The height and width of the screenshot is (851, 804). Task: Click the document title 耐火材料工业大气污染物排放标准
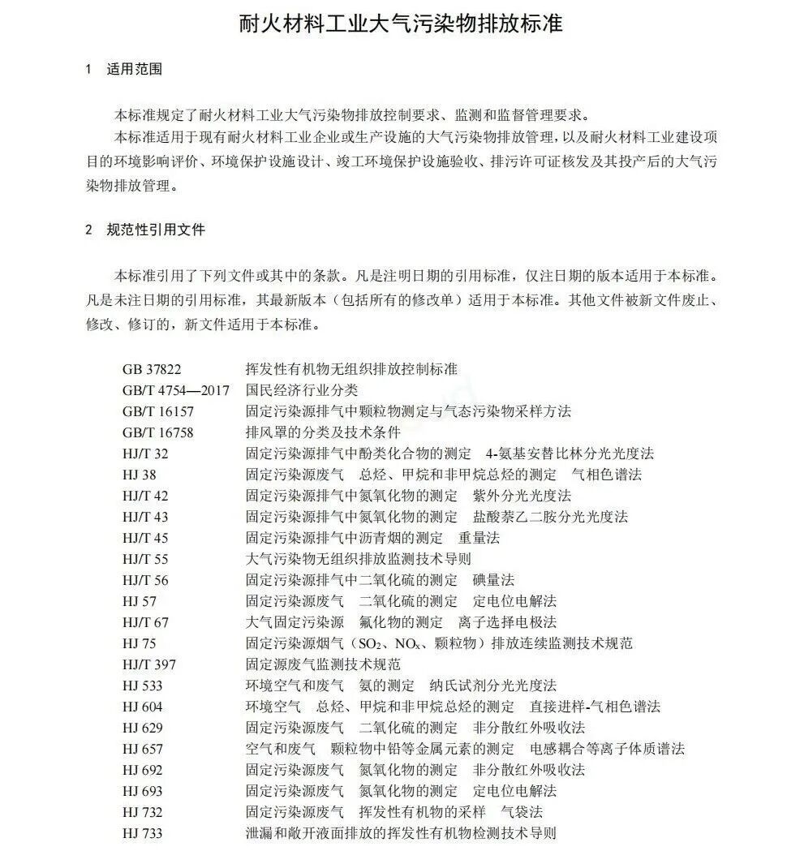(x=401, y=23)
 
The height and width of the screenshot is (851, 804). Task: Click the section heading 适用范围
(x=135, y=69)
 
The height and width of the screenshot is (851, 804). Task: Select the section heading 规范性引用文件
(x=156, y=230)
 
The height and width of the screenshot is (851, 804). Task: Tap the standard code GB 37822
(x=152, y=369)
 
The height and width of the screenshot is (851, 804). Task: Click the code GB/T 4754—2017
(x=176, y=390)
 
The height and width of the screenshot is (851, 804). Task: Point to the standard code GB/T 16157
(x=158, y=411)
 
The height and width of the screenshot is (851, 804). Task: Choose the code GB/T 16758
(x=158, y=432)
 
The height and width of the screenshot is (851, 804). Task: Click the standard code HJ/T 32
(x=146, y=453)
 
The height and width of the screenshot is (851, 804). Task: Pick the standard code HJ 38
(x=140, y=475)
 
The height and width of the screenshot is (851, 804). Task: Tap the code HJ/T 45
(x=146, y=538)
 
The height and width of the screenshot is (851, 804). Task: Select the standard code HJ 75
(x=140, y=643)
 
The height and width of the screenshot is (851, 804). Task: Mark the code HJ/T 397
(x=149, y=664)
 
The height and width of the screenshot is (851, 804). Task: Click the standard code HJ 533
(x=143, y=686)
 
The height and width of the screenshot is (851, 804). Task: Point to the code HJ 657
(x=143, y=749)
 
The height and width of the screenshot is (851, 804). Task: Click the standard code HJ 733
(x=143, y=833)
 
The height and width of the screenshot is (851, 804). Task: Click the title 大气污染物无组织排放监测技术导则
(x=358, y=559)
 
